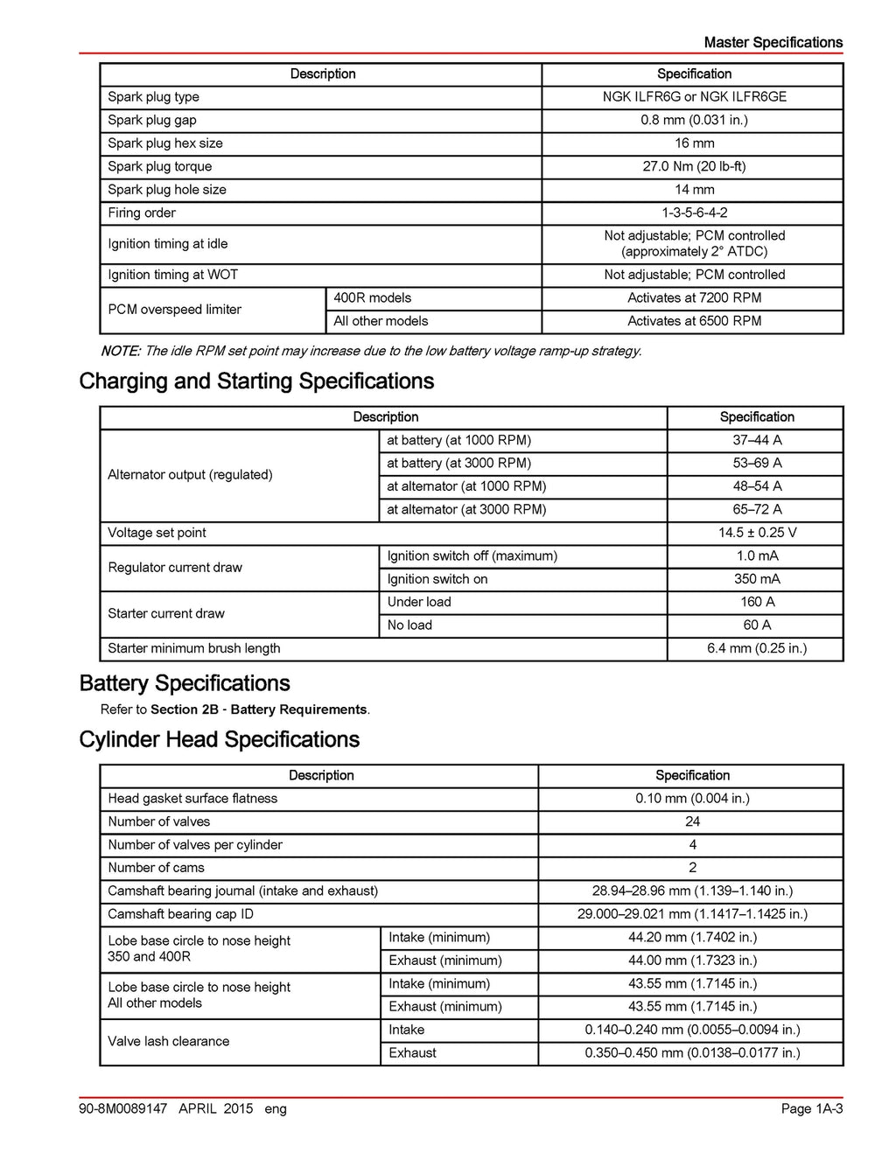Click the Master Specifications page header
point(773,42)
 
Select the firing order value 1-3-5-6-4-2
point(694,213)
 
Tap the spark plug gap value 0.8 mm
point(694,120)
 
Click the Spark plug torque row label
point(160,166)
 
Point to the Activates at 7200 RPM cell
point(694,297)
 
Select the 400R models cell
point(373,297)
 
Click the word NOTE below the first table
point(120,351)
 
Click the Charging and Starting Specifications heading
point(256,381)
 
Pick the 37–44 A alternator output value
point(757,440)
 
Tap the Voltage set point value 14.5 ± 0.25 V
point(757,533)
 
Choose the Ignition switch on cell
point(437,579)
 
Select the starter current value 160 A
point(757,602)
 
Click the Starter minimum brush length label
point(194,648)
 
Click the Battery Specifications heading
point(185,683)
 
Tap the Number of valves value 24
point(692,821)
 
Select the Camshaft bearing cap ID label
point(180,914)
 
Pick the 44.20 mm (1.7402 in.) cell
point(692,937)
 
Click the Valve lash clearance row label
point(169,1041)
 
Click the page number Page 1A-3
point(811,1108)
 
